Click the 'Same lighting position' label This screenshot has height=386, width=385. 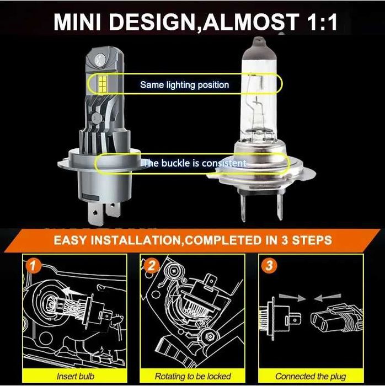pyautogui.click(x=184, y=85)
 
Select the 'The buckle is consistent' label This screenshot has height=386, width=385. pyautogui.click(x=193, y=163)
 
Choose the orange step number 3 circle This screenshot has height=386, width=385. pyautogui.click(x=269, y=266)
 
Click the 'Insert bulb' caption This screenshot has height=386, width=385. pyautogui.click(x=75, y=376)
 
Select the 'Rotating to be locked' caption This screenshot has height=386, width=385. pyautogui.click(x=192, y=376)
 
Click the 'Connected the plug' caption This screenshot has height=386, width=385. pyautogui.click(x=311, y=376)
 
